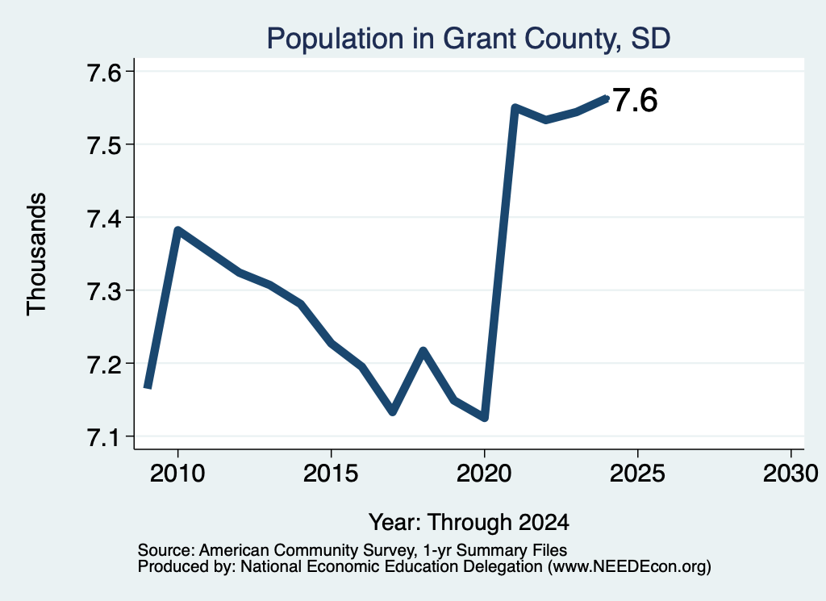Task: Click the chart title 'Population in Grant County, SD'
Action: pos(469,39)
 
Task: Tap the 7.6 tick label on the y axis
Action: pos(104,72)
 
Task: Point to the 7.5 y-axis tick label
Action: pos(104,145)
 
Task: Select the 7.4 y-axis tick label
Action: pos(104,218)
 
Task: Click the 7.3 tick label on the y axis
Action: pos(104,291)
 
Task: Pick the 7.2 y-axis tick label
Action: pos(104,364)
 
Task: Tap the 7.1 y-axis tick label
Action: pos(104,437)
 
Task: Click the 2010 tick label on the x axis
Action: pos(177,474)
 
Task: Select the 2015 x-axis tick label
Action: pos(331,474)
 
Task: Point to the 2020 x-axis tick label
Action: pos(484,474)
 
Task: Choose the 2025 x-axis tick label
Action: pos(637,474)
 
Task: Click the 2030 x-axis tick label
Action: pos(791,474)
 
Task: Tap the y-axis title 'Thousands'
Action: pos(36,254)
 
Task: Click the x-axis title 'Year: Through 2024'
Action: pos(469,523)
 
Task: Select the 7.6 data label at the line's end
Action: pos(636,100)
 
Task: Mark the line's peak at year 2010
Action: pos(178,230)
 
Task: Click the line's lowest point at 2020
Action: pos(485,418)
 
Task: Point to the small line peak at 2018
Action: pos(423,350)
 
